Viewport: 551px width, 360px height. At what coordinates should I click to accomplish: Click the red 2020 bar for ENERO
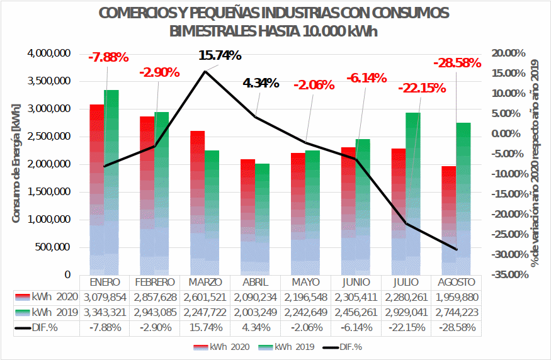[x=96, y=189]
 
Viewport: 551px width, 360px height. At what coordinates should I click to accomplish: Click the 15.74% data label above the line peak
[x=220, y=55]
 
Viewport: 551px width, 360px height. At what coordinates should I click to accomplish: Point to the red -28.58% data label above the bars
[x=457, y=63]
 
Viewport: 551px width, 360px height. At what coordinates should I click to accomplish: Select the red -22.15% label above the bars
[x=421, y=88]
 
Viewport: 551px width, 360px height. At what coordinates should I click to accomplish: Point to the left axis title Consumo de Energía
[x=16, y=165]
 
